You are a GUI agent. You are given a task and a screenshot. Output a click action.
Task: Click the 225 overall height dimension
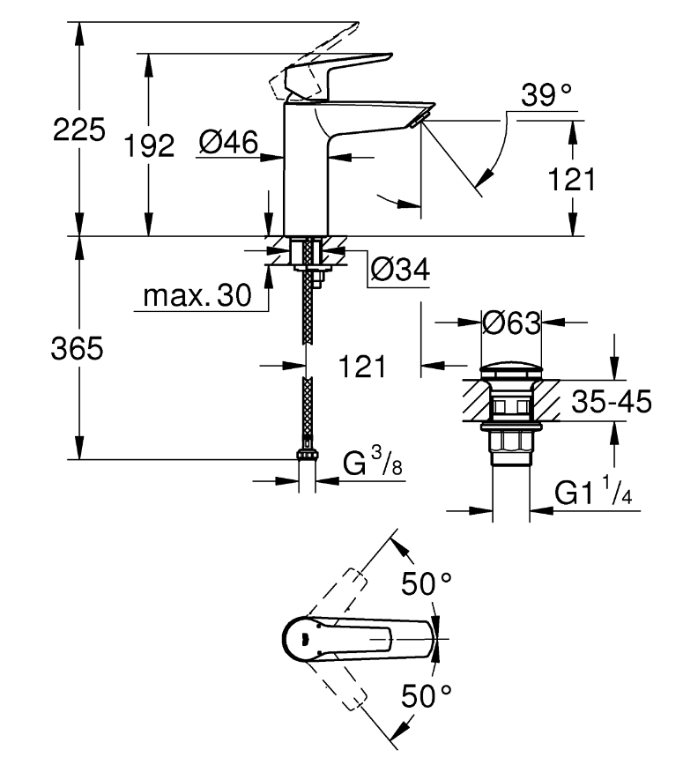pos(78,130)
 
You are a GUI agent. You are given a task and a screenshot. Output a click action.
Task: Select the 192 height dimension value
pos(149,145)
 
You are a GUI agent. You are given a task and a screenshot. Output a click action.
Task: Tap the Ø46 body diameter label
pos(228,142)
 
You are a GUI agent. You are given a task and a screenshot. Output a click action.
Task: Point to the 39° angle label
pos(546,95)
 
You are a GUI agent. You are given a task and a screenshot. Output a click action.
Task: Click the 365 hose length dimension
pos(78,348)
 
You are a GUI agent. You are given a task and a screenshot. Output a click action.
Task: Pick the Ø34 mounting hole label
pos(400,269)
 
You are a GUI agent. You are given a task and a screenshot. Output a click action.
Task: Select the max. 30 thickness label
pos(197,295)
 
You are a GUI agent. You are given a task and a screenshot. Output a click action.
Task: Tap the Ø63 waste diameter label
pos(511,323)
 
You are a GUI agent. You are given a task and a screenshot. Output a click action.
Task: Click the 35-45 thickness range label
pos(612,401)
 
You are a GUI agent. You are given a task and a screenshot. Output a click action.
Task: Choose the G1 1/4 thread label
pos(593,490)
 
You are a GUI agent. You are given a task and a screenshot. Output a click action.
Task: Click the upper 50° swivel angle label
pos(427,583)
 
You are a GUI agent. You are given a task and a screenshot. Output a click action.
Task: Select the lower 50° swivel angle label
pos(427,695)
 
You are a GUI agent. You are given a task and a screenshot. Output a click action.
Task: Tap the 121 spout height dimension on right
pos(572,179)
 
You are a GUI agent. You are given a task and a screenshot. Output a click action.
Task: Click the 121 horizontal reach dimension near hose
pos(362,367)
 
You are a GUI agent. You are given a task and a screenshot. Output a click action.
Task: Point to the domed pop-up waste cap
pos(511,371)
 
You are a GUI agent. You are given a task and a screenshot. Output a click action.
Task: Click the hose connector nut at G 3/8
pos(307,454)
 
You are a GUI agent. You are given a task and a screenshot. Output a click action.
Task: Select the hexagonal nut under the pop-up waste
pos(511,440)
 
